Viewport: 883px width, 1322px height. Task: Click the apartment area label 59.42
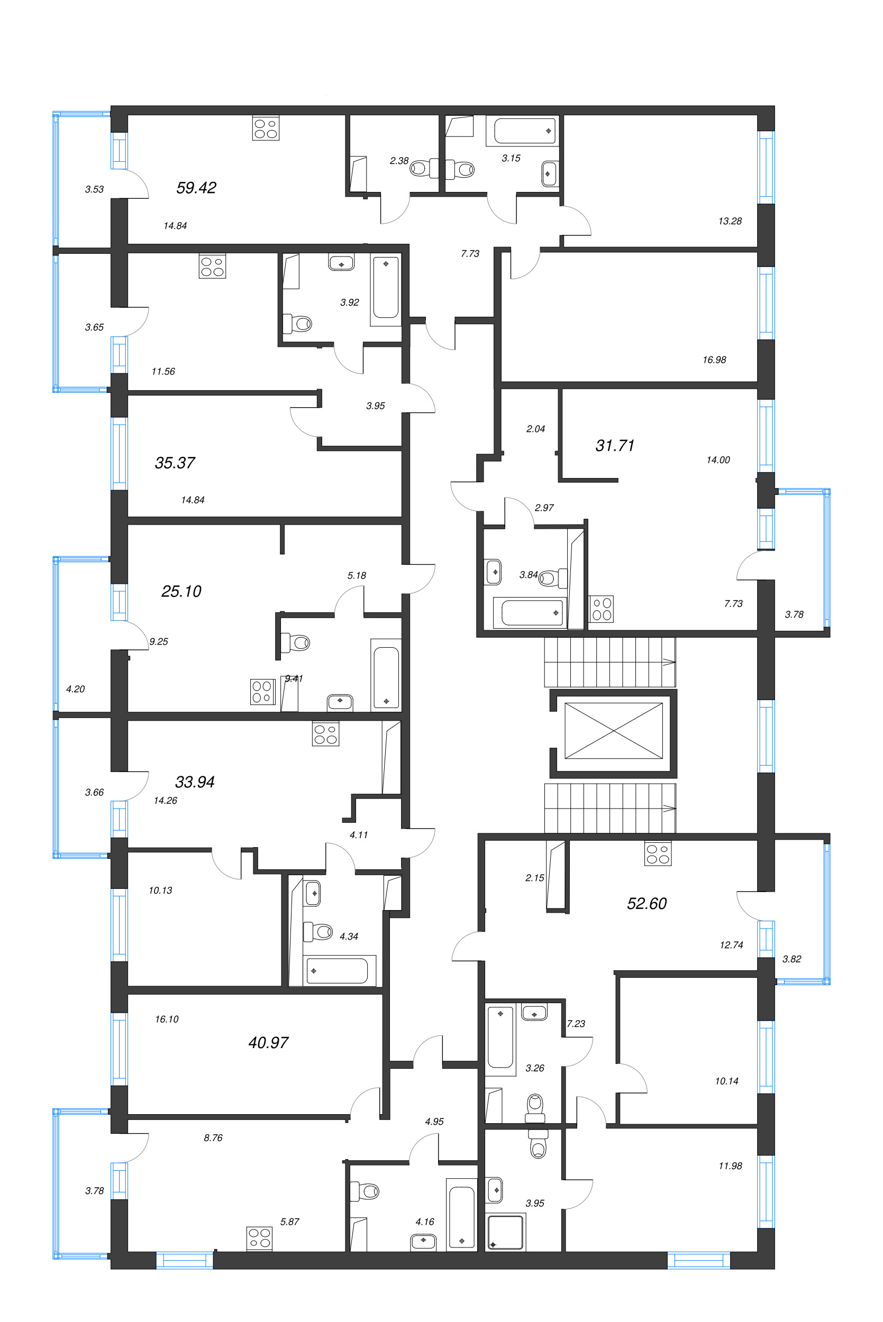(x=196, y=187)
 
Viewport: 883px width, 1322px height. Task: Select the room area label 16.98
(x=714, y=360)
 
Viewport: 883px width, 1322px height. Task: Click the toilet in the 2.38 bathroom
(x=420, y=168)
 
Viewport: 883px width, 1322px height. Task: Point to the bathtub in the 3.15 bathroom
(x=525, y=131)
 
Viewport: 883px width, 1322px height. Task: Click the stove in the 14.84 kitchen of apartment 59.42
(x=266, y=128)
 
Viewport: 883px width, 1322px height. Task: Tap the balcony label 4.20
(x=76, y=689)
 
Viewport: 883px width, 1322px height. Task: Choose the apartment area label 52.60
(x=647, y=903)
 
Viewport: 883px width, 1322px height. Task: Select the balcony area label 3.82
(x=791, y=959)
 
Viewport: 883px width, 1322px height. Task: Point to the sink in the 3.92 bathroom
(x=341, y=263)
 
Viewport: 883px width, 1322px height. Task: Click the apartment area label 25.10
(x=181, y=591)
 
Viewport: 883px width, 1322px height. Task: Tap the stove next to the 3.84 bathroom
(x=602, y=609)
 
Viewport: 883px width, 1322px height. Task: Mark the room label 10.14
(x=726, y=1081)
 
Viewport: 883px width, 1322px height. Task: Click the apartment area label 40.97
(x=268, y=1043)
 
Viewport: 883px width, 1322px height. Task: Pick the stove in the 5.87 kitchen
(x=260, y=1238)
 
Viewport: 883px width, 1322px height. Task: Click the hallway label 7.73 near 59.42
(x=470, y=254)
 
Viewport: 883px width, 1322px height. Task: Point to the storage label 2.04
(x=535, y=429)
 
